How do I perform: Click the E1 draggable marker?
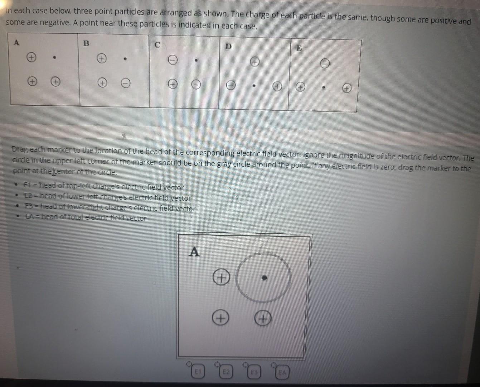[197, 373]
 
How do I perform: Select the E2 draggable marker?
[226, 373]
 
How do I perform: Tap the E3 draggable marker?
[254, 373]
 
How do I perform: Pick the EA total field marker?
[282, 373]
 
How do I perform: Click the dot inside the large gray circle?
[264, 278]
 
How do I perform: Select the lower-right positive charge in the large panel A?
[263, 318]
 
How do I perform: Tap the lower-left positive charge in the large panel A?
[221, 318]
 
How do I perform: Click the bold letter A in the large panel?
[194, 252]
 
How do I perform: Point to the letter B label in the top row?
[86, 43]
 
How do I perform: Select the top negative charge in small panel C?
[173, 61]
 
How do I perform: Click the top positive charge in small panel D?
[254, 62]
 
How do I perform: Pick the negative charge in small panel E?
[324, 64]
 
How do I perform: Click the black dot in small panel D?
[254, 86]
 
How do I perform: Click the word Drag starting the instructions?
[20, 149]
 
